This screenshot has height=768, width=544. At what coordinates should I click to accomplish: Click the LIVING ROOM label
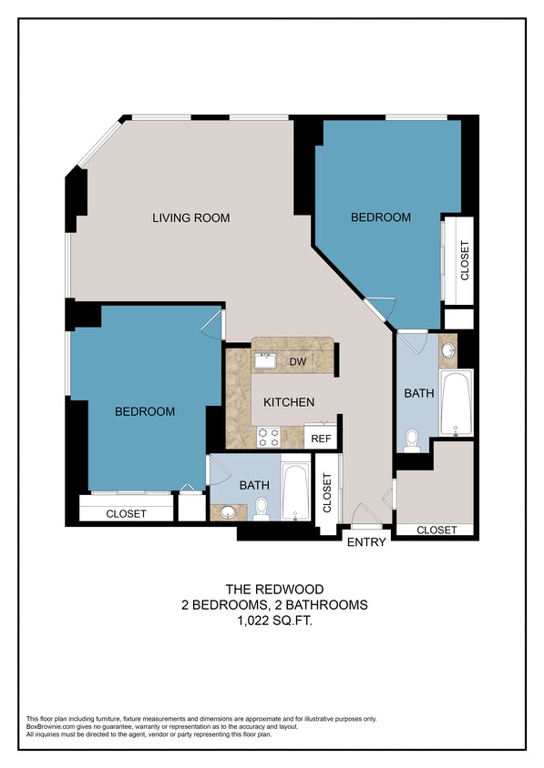(x=190, y=218)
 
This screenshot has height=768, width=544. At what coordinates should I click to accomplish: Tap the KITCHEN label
(x=289, y=402)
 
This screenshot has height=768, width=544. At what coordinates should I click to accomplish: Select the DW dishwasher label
(x=297, y=362)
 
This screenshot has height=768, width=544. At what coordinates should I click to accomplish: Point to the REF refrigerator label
(x=321, y=439)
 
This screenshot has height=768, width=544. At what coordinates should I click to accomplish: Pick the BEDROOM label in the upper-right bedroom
(x=381, y=217)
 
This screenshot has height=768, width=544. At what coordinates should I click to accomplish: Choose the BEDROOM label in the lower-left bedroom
(x=144, y=412)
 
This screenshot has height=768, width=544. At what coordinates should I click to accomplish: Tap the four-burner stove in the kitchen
(x=269, y=437)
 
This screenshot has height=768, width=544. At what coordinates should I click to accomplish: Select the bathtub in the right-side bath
(x=456, y=403)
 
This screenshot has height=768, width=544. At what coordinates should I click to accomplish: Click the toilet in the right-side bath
(x=412, y=441)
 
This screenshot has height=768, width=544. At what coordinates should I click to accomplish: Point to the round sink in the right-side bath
(x=447, y=350)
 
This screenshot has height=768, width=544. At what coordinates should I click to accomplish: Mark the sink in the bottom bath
(x=227, y=511)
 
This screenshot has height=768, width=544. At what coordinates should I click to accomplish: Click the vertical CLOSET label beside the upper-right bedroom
(x=465, y=260)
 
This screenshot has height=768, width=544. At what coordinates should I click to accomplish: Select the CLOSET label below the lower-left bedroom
(x=126, y=514)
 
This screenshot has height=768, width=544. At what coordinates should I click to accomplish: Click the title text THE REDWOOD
(x=272, y=589)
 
